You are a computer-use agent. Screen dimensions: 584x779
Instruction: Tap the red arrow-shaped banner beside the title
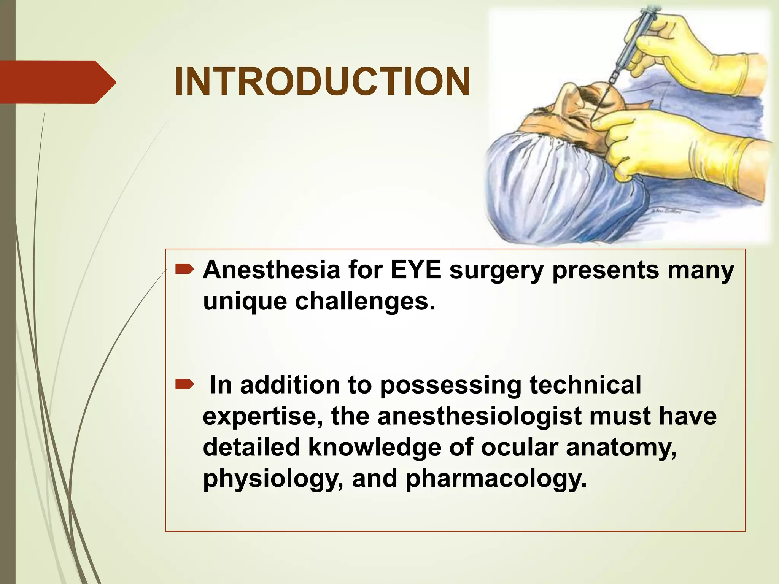point(57,82)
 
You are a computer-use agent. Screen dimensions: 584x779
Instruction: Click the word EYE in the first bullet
point(416,270)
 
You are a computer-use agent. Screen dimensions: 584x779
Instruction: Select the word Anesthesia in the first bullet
point(271,270)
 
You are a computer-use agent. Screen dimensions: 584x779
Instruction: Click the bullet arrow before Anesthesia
point(184,270)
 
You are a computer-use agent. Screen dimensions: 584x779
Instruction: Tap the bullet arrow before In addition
point(184,386)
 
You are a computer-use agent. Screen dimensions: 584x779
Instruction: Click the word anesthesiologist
point(480,416)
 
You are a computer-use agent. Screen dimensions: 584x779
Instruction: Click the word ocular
point(520,447)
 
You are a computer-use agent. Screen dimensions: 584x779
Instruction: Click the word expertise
point(262,416)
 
